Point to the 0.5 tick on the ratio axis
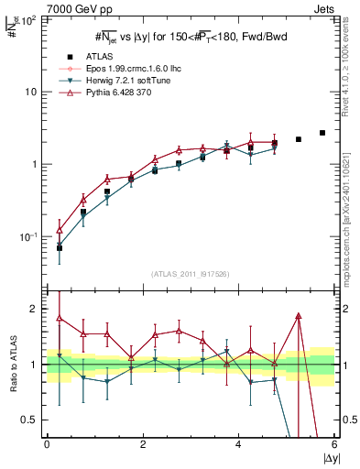(x=32, y=420)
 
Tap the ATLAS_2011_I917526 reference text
(x=190, y=276)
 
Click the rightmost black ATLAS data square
(x=322, y=133)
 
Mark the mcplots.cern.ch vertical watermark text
(x=351, y=211)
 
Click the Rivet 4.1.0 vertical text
(x=351, y=69)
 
